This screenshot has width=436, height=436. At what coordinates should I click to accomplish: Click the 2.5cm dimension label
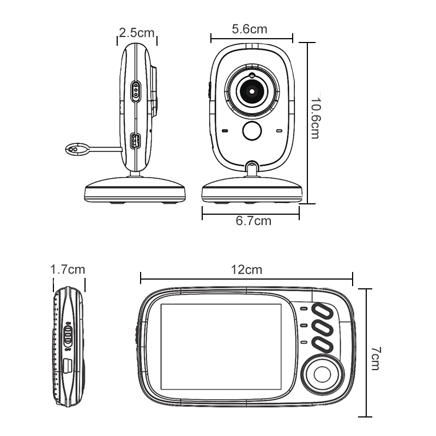click(x=137, y=33)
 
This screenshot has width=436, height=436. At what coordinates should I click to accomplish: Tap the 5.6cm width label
click(x=250, y=29)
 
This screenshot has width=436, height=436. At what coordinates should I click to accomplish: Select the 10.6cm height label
click(x=315, y=118)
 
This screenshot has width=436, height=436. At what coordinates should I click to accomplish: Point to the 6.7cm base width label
click(x=253, y=221)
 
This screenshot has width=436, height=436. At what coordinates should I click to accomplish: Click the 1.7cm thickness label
click(x=67, y=269)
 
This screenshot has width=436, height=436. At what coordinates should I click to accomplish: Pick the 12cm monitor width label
click(x=246, y=269)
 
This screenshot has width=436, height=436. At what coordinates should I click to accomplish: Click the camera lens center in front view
click(x=252, y=91)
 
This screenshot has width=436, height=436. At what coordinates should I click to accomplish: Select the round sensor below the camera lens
click(x=252, y=131)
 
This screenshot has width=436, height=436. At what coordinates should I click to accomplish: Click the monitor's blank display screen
click(x=221, y=347)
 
